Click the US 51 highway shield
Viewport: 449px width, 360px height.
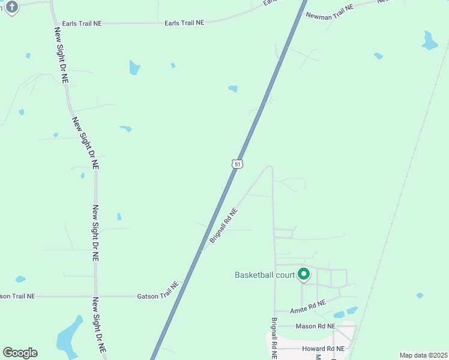pos(238,164)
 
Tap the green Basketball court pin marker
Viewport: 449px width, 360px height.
pos(304,274)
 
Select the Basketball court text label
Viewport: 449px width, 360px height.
pos(264,275)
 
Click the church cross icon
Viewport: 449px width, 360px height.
pos(12,7)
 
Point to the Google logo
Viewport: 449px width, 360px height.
pos(20,352)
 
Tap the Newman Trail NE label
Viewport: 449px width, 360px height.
pos(330,10)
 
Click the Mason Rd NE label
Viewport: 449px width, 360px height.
pos(315,326)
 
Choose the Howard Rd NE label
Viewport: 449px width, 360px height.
pos(324,349)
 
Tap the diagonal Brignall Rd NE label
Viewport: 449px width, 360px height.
pos(223,226)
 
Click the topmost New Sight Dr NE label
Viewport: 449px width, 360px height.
pos(61,55)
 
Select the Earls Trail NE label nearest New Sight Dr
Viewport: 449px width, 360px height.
pos(184,23)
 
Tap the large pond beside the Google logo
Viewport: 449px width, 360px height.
pos(68,336)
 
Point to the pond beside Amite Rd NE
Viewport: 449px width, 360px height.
pos(345,313)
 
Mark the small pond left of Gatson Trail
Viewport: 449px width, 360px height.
pos(20,279)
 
